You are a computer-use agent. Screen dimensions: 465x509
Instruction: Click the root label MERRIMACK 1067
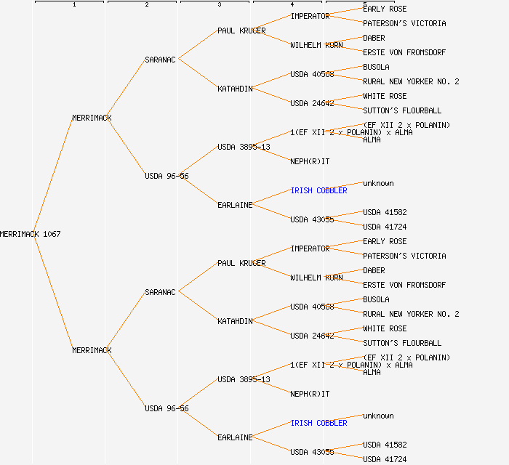tap(31, 234)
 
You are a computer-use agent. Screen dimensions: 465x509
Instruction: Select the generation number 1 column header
tap(73, 4)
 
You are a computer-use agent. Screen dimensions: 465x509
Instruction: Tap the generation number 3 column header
tap(219, 4)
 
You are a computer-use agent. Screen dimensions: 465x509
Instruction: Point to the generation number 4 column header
tap(292, 4)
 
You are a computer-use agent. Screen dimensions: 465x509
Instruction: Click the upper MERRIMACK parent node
tap(92, 118)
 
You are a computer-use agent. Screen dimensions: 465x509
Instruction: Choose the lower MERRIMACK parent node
tap(92, 350)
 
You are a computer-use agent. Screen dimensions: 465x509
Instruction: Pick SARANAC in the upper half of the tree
tap(160, 60)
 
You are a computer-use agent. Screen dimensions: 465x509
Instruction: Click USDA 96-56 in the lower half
tap(167, 408)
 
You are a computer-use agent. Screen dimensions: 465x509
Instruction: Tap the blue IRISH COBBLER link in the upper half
tap(318, 190)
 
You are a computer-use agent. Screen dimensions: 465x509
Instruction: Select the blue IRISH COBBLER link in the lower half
tap(318, 423)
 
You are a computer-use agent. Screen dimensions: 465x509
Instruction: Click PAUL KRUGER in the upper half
tap(241, 31)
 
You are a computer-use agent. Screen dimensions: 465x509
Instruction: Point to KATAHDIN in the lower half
tap(235, 321)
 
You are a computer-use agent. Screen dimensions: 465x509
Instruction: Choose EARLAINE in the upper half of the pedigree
tap(235, 205)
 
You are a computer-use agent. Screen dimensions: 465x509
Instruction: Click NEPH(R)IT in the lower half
tap(310, 394)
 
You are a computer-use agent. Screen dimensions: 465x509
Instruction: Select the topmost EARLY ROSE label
tap(385, 9)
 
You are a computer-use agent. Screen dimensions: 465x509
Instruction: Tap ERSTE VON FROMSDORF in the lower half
tap(404, 285)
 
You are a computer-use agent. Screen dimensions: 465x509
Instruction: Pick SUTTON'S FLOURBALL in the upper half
tap(402, 110)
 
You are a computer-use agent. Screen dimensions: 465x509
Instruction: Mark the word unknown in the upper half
tap(378, 183)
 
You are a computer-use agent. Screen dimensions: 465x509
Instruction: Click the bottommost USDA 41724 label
tap(385, 459)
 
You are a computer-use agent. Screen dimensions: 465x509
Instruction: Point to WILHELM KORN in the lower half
tap(316, 278)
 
